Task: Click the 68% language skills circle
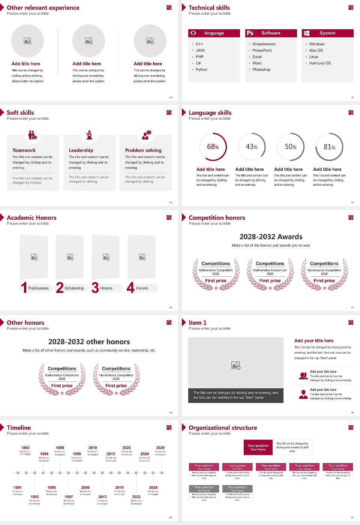click(x=213, y=147)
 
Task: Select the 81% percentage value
click(x=329, y=147)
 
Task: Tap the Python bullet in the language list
click(x=201, y=70)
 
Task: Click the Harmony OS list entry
click(x=320, y=63)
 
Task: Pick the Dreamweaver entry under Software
click(x=264, y=44)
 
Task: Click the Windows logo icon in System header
click(x=306, y=33)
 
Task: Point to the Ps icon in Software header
click(x=250, y=33)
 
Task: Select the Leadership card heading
click(x=81, y=150)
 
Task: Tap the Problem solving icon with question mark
click(x=146, y=135)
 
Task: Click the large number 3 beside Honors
click(x=95, y=288)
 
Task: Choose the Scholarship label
click(x=74, y=288)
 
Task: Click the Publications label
click(x=39, y=288)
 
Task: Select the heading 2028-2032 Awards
click(x=271, y=237)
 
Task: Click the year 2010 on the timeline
click(x=93, y=448)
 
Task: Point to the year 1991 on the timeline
click(x=18, y=488)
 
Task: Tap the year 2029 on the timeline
click(x=160, y=448)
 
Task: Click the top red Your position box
click(x=258, y=447)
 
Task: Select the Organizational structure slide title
click(x=223, y=428)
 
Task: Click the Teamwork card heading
click(x=24, y=150)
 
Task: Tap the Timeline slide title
click(x=19, y=428)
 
